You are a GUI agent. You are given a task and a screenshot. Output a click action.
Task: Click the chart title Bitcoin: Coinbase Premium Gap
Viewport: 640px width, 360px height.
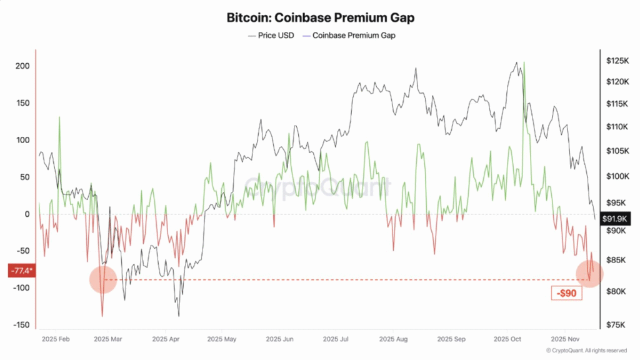coord(320,17)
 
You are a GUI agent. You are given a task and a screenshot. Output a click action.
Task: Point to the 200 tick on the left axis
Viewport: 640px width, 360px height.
coord(22,66)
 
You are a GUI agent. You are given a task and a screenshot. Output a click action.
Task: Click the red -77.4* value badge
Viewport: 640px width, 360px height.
coord(21,271)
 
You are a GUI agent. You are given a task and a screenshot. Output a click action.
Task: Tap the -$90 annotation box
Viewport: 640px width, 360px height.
coord(567,293)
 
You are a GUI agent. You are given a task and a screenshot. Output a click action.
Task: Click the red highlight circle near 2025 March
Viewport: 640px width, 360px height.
coord(102,279)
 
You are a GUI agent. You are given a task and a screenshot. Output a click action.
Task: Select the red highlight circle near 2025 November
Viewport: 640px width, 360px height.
coord(589,274)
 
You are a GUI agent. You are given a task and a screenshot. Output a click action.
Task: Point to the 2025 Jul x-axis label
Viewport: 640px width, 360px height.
coord(336,339)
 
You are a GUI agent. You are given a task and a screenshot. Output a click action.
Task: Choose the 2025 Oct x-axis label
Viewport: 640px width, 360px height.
coord(507,339)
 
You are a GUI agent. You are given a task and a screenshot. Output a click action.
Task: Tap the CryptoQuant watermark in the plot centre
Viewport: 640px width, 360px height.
coord(317,186)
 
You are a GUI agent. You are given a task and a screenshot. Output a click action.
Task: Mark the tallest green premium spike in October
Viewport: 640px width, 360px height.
coord(524,64)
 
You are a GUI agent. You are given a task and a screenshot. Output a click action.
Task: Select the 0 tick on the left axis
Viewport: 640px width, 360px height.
coord(27,214)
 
